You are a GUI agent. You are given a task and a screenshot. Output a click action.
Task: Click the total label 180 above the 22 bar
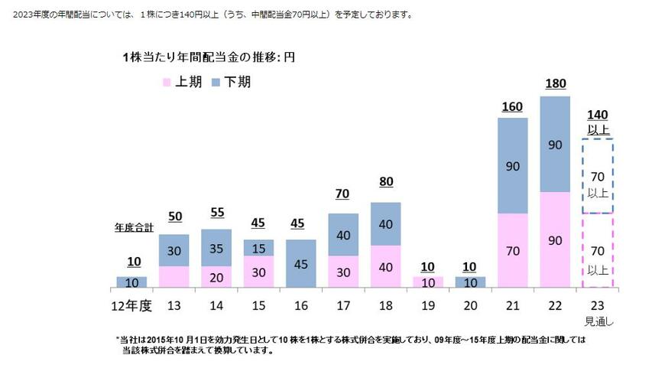coord(555,83)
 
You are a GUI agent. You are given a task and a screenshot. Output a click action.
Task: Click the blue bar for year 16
coord(301,264)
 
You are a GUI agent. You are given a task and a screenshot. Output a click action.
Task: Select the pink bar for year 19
coord(427,282)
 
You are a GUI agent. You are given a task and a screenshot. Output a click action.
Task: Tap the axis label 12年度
coord(131,305)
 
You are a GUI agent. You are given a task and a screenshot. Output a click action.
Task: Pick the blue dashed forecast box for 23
coord(597,176)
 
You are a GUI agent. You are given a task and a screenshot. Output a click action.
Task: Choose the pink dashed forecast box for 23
coord(597,250)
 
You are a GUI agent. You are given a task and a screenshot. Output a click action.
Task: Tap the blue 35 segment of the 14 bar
coord(216,248)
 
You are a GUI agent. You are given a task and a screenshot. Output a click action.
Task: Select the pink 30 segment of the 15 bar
coord(259,272)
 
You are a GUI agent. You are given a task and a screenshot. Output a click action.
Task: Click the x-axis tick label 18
coord(384,305)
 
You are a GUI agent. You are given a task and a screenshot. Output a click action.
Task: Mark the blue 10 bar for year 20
coord(469,282)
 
